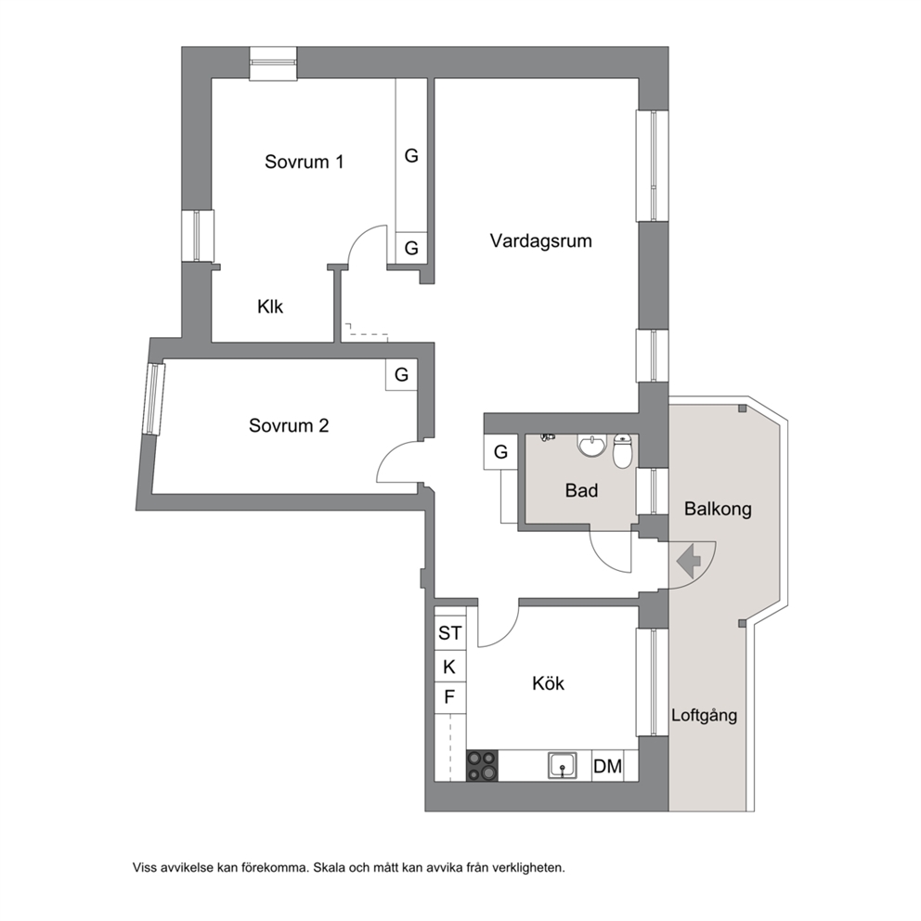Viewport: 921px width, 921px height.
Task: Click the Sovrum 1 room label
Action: [x=304, y=162]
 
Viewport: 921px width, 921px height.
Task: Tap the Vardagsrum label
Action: [x=541, y=240]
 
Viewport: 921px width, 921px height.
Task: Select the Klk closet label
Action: [x=270, y=306]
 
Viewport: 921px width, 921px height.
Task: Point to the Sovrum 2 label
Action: [x=289, y=425]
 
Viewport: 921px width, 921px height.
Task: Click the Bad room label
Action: [x=581, y=490]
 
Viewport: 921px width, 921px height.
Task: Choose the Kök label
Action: [x=548, y=683]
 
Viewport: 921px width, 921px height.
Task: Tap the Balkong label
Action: [x=718, y=509]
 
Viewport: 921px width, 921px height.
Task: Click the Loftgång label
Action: [x=705, y=715]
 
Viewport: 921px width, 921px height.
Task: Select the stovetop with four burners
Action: [x=482, y=766]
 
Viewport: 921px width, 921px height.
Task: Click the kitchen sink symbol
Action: [x=562, y=766]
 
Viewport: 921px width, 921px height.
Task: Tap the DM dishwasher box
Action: [x=607, y=766]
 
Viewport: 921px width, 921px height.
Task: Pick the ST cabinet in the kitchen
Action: [x=450, y=633]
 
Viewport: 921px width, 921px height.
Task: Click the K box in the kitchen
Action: [x=450, y=667]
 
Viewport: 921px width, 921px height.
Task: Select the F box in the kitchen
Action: [x=450, y=698]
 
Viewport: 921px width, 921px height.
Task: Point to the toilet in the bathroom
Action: [x=622, y=451]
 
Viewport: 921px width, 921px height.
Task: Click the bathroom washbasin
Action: [x=591, y=446]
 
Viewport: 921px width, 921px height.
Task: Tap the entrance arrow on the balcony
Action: [x=689, y=561]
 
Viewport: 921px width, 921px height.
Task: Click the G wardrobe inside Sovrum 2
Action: [x=401, y=375]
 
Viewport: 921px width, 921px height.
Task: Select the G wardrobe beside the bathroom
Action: [x=500, y=452]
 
